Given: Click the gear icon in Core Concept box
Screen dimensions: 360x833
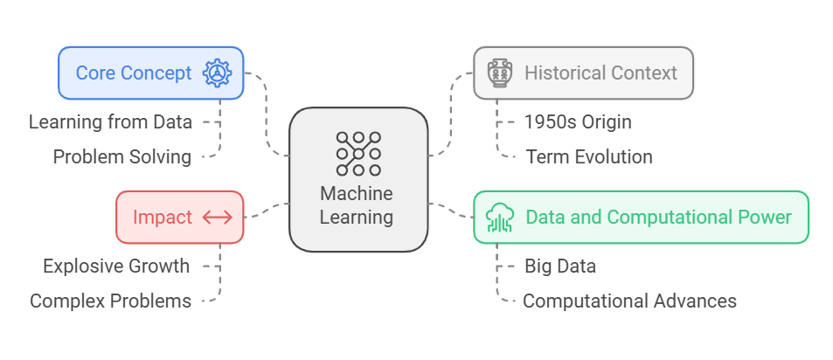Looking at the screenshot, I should click(x=217, y=73).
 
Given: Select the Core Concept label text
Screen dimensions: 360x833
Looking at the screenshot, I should click(x=134, y=73).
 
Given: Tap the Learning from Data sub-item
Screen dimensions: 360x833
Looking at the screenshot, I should click(x=110, y=121).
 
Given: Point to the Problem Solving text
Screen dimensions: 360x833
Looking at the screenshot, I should click(x=121, y=157).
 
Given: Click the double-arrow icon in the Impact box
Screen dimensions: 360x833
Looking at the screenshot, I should click(x=217, y=217).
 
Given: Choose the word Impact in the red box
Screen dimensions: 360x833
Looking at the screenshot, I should click(x=162, y=217).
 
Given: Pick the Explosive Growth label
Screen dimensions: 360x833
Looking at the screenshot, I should click(x=116, y=266).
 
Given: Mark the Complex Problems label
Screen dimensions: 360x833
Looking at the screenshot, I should click(x=110, y=301).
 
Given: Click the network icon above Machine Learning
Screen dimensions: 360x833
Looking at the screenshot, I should click(x=358, y=154).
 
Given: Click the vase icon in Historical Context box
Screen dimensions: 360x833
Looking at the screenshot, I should click(x=500, y=73).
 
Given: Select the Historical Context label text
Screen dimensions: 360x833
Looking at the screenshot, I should click(x=600, y=73).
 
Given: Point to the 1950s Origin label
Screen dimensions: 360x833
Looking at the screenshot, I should click(x=578, y=121).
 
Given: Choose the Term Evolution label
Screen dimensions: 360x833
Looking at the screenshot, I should click(x=589, y=157).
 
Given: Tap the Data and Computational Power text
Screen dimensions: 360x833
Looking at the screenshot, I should click(x=658, y=217).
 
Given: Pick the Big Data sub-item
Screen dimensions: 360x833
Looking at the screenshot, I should click(x=560, y=266).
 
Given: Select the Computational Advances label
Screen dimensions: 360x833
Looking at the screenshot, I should click(x=629, y=301).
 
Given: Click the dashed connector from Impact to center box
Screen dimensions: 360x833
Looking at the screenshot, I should click(x=267, y=211).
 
